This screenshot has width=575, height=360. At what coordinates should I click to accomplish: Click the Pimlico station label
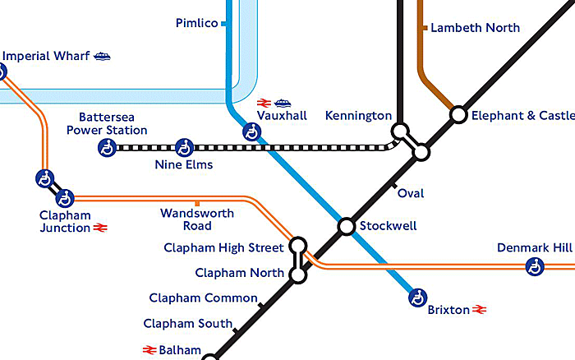coord(196,23)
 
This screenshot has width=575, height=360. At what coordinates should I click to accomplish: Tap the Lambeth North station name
coord(475,28)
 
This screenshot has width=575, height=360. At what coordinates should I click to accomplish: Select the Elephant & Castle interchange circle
coord(458,115)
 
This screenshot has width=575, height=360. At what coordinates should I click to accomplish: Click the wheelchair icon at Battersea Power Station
coord(107,148)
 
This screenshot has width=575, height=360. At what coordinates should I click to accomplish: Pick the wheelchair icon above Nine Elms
coord(185,148)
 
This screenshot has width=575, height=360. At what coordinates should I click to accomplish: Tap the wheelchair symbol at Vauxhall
coord(251,132)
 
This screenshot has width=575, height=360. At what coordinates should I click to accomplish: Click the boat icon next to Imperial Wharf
coord(102,57)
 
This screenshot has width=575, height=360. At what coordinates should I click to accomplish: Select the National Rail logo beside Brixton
coord(480,310)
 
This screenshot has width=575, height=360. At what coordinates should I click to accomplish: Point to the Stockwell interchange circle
coord(347,226)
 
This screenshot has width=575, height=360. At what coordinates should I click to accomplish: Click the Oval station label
coord(411,194)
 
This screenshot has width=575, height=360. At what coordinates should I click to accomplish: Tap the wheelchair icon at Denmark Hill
coord(535,266)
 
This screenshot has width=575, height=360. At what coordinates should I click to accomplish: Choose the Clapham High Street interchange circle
coord(298,246)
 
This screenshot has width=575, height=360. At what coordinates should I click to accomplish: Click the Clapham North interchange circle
coord(298,275)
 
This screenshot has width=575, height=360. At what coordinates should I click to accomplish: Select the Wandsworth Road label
coord(197,219)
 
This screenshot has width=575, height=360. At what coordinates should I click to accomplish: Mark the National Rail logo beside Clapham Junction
coord(102,228)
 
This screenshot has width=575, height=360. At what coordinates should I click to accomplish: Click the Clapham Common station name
coord(203,298)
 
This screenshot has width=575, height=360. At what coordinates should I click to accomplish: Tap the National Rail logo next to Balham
coord(149,350)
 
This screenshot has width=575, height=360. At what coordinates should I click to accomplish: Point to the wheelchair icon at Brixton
coord(418,298)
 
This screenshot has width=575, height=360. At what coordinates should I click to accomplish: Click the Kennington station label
coord(358,116)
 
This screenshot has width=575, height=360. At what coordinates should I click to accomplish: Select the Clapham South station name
coord(187,324)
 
